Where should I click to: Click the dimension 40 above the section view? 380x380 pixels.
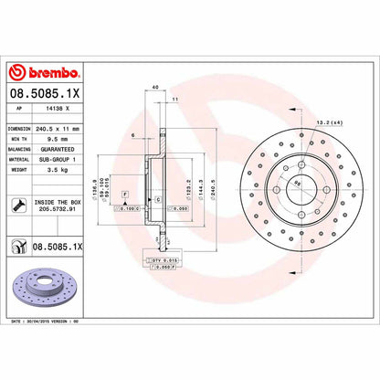(157, 87)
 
